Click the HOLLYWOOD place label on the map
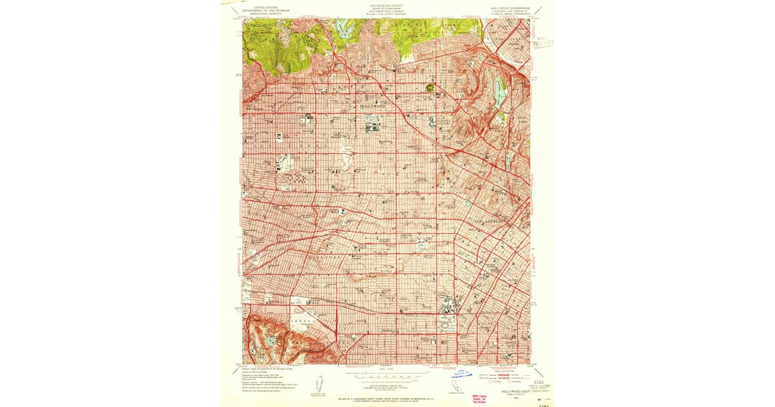372,105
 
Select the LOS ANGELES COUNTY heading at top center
386,5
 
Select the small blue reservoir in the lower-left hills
269,341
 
